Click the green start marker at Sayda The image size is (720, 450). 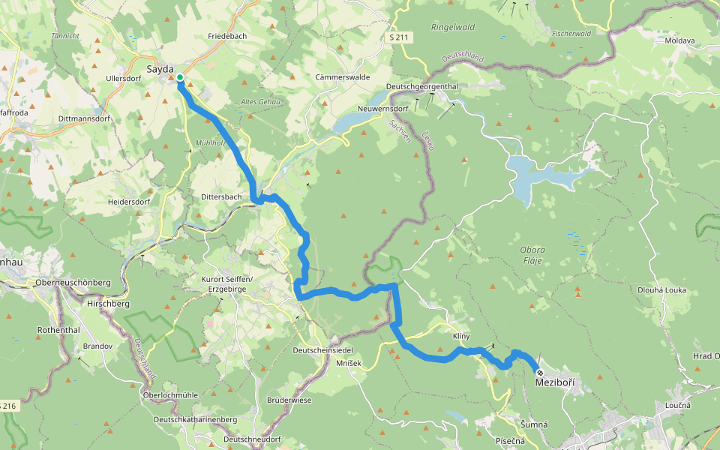tap(180, 77)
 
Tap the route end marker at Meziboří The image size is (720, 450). tap(540, 372)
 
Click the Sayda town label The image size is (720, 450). tap(159, 69)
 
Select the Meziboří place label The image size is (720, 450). tap(555, 383)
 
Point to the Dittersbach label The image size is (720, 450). tap(220, 197)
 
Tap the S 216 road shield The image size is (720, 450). tap(7, 406)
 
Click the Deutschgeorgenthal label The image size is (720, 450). tap(421, 86)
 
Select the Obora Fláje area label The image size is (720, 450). tap(531, 255)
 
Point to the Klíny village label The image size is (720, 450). tap(461, 335)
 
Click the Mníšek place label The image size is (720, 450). tap(349, 363)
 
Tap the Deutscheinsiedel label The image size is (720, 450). tap(323, 350)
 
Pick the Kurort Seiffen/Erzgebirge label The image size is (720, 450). tap(227, 284)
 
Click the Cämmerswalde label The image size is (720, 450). tap(342, 77)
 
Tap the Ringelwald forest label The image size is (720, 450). tap(448, 27)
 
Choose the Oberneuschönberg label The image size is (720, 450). tap(73, 283)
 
